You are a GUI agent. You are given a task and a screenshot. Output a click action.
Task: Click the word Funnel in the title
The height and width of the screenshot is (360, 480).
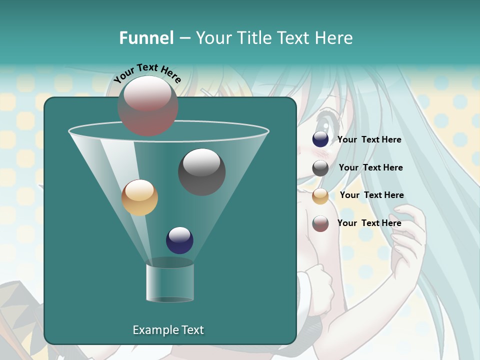point(146,37)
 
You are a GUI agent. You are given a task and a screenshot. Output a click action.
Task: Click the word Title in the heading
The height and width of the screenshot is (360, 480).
point(255,37)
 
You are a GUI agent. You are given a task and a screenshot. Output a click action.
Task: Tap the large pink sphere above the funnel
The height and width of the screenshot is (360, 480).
point(148,105)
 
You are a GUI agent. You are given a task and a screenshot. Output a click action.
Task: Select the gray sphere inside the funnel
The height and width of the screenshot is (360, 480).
point(201,172)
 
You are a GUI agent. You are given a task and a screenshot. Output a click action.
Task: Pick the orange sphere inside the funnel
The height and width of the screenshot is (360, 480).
point(139,197)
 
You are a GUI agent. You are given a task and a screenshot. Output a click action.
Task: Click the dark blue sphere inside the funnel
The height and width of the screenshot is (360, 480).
point(179,240)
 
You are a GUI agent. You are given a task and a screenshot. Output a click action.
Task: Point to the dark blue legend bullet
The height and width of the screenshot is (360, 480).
point(320,139)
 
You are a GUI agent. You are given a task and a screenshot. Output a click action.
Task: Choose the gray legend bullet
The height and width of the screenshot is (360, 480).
point(320,168)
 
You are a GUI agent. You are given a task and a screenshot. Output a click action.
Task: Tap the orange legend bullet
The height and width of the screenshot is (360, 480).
point(320,196)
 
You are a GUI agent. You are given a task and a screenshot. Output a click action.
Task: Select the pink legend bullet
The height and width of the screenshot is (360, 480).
point(320,223)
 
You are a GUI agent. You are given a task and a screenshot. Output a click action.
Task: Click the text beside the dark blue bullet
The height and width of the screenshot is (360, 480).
point(369,139)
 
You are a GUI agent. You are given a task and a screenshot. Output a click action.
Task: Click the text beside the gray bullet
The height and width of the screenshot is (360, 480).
point(370,167)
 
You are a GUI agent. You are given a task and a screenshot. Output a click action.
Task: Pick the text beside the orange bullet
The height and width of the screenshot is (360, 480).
point(371,195)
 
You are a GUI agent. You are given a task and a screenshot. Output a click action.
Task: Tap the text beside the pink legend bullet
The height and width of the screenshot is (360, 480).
point(369,223)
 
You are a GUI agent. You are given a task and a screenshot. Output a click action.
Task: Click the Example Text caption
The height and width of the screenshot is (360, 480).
point(168,330)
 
